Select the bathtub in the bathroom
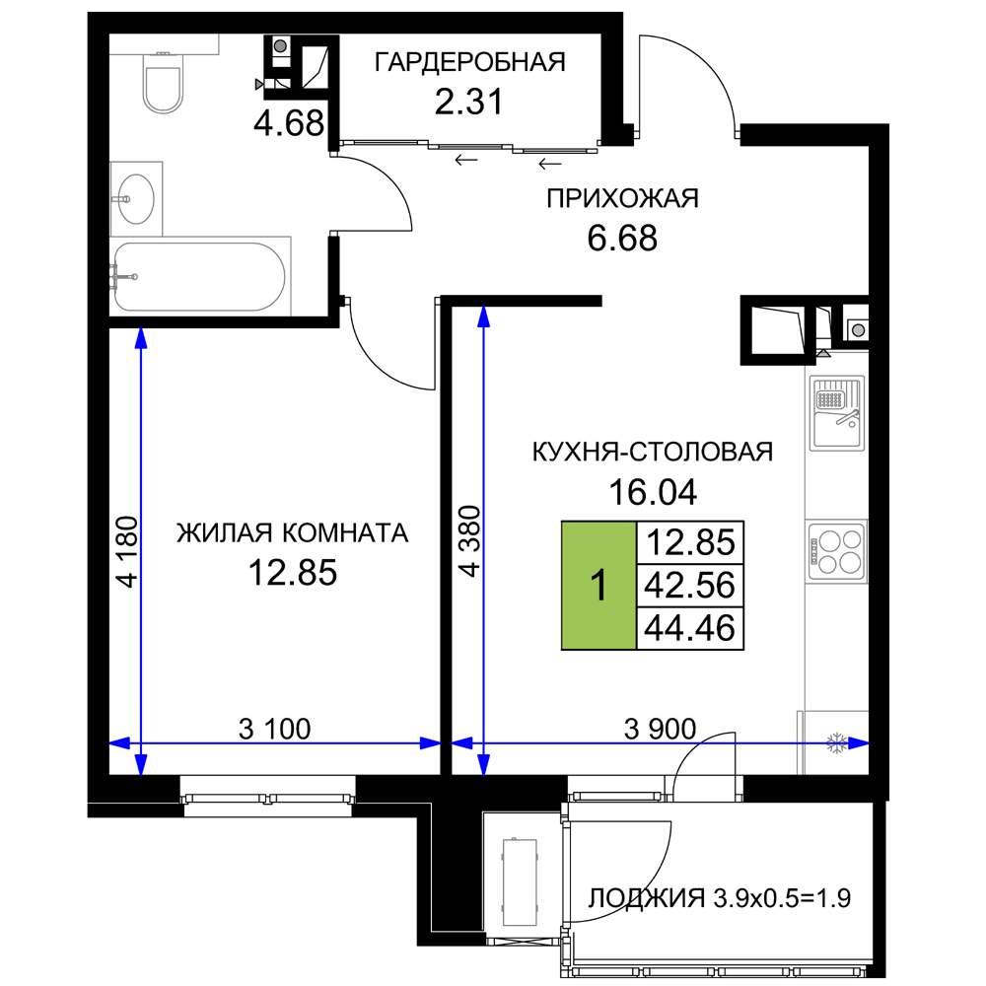200,276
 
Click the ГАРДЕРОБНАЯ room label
469,62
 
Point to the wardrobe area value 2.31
469,102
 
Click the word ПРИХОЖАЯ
622,198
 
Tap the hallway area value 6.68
622,239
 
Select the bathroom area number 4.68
289,122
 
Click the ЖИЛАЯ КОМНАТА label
293,533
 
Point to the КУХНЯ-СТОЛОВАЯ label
653,453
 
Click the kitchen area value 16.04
653,492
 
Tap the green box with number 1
599,585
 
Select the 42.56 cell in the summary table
690,585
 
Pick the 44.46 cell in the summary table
690,627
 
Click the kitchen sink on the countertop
837,412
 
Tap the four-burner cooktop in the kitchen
837,551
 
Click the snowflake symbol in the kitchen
836,743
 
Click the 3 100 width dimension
275,729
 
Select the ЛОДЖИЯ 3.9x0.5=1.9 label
720,898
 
